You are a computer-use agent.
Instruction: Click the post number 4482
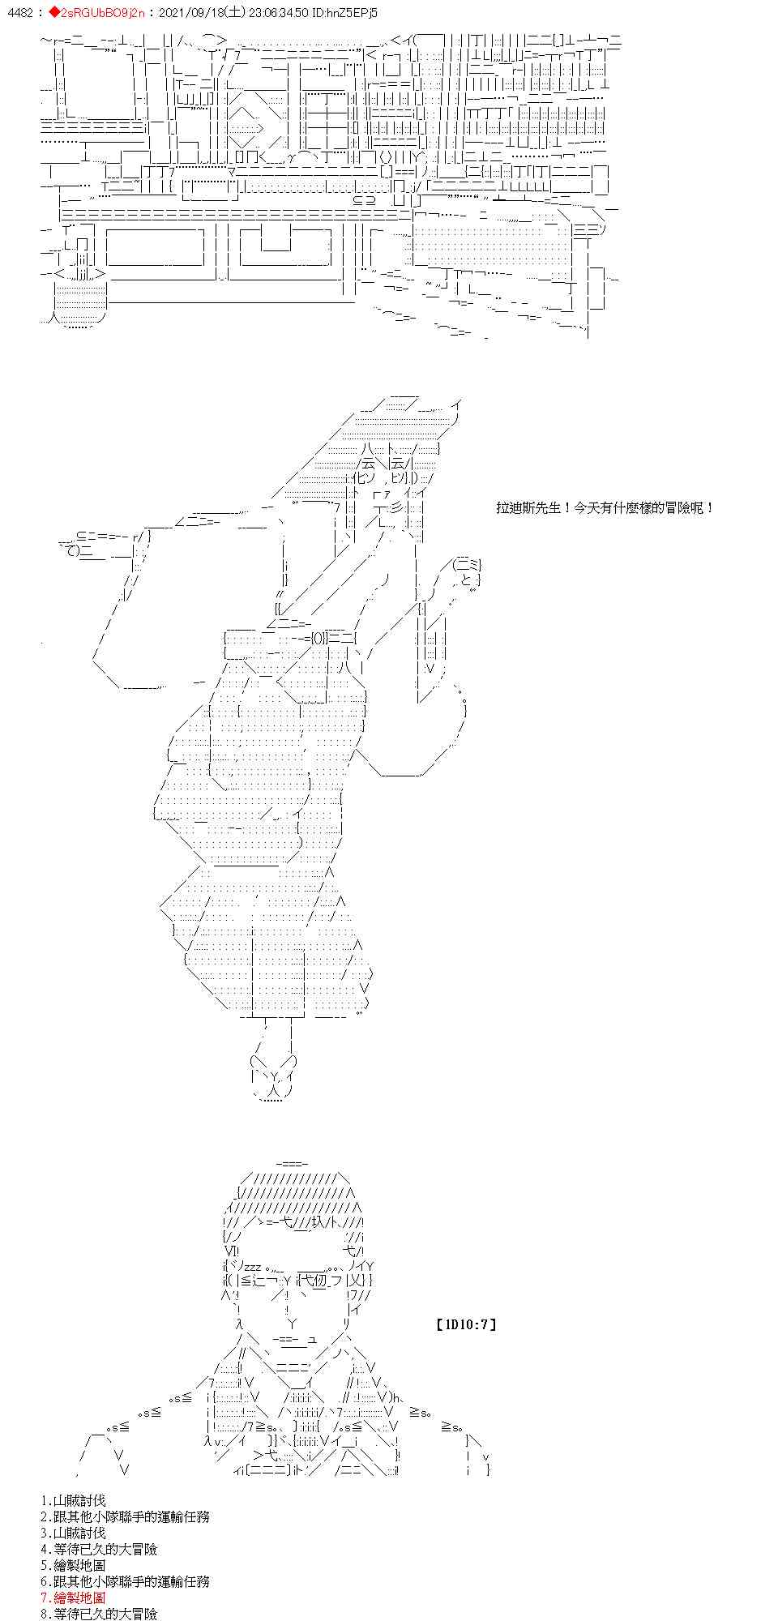[17, 13]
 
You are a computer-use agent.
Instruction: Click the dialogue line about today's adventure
[605, 508]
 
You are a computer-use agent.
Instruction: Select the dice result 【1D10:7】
[465, 1325]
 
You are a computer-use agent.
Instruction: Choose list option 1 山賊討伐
[73, 1501]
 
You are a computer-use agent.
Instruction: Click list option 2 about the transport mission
[125, 1517]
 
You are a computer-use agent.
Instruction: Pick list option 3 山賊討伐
[73, 1533]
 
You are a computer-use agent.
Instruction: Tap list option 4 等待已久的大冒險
[98, 1550]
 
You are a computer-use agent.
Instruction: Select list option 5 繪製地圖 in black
[73, 1566]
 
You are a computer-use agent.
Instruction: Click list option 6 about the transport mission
[125, 1581]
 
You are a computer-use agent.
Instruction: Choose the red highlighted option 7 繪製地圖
[73, 1597]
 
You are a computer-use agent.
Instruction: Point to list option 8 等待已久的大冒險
[98, 1614]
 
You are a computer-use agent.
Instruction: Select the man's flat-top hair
[292, 1191]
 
